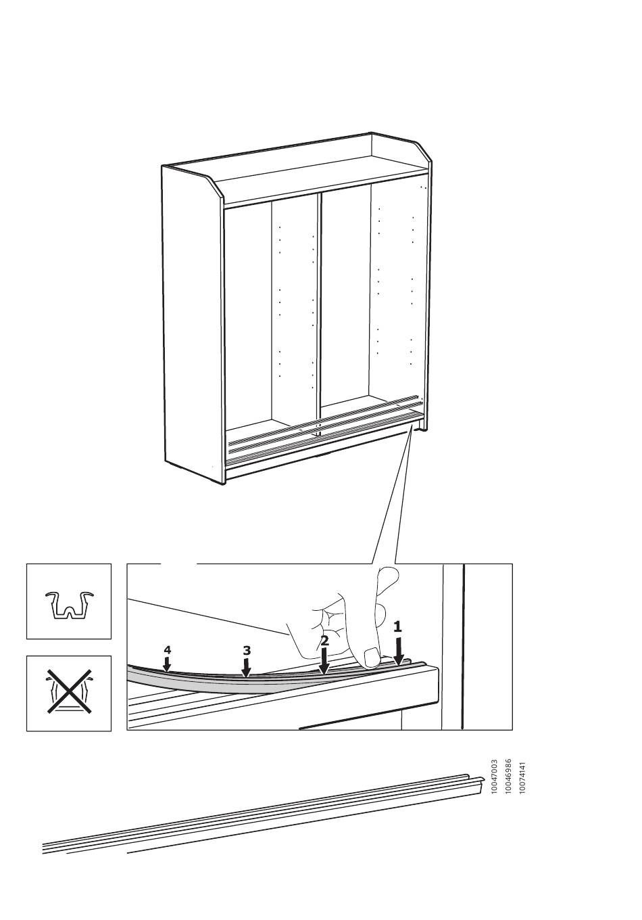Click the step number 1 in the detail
tap(397, 626)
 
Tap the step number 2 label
tap(324, 641)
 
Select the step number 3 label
tap(246, 651)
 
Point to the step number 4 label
tap(167, 649)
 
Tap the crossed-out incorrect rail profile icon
tap(68, 693)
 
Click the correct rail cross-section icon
tap(68, 605)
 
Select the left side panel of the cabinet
tap(192, 325)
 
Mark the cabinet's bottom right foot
tap(421, 428)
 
